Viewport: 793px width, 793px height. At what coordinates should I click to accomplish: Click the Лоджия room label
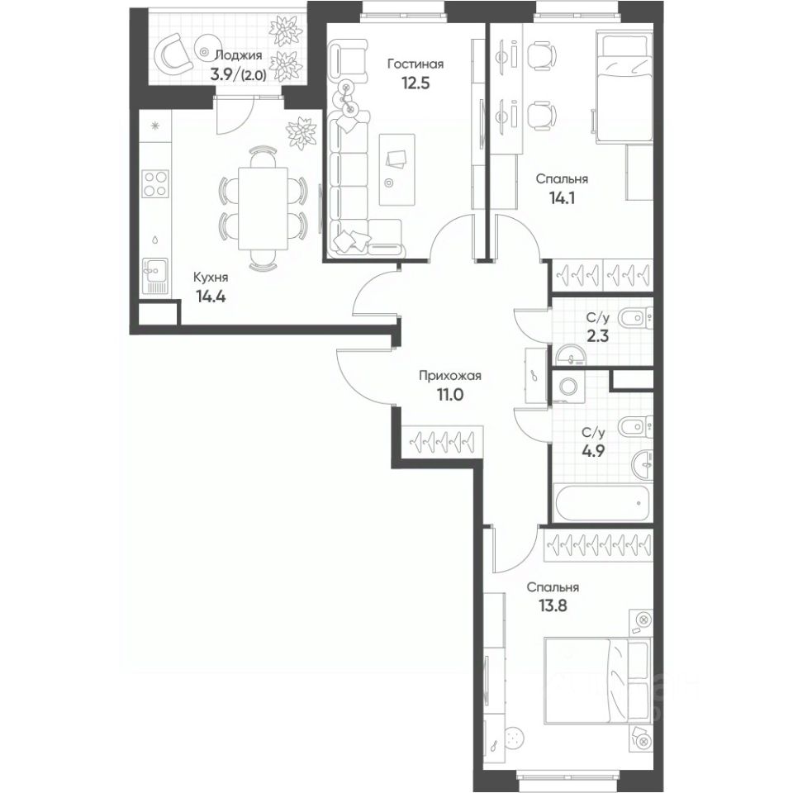pos(238,55)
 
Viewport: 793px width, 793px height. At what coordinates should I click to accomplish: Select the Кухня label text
pos(211,278)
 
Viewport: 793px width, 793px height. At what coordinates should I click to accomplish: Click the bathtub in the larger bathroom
pos(601,502)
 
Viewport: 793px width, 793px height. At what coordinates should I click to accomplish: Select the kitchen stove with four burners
pos(154,183)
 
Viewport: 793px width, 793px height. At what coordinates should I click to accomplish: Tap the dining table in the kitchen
pos(262,207)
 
